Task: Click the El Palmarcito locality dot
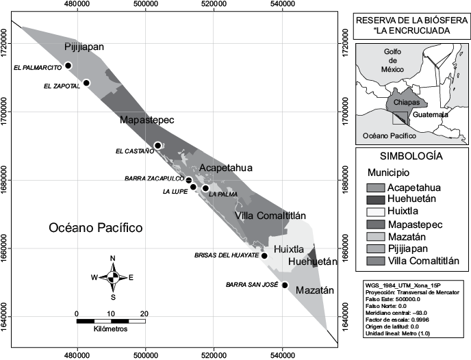pyautogui.click(x=68, y=66)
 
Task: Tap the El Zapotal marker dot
pyautogui.click(x=86, y=83)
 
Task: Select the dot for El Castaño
pyautogui.click(x=157, y=145)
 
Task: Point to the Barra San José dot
pyautogui.click(x=285, y=285)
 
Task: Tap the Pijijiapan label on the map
pyautogui.click(x=84, y=47)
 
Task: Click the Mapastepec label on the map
pyautogui.click(x=147, y=120)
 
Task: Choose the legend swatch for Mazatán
pyautogui.click(x=376, y=236)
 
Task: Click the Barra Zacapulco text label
pyautogui.click(x=153, y=179)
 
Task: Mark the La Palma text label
pyautogui.click(x=224, y=194)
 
